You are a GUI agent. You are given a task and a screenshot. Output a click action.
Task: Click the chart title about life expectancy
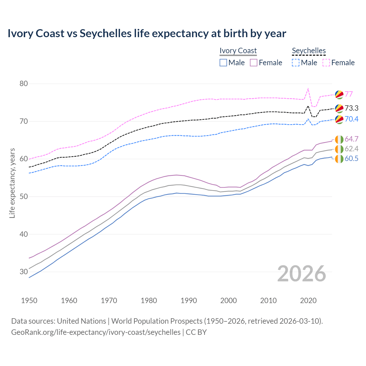click(x=147, y=33)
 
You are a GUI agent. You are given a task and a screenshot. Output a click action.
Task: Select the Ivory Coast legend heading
click(x=238, y=51)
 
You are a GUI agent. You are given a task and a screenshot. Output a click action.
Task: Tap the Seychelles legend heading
click(x=309, y=51)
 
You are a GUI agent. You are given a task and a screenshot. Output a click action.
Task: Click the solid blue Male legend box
click(x=223, y=63)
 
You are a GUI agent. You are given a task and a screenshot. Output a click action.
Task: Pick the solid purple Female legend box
click(x=254, y=63)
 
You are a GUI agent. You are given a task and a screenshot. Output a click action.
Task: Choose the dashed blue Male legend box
click(x=296, y=63)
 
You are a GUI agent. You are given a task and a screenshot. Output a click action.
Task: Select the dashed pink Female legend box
click(x=326, y=63)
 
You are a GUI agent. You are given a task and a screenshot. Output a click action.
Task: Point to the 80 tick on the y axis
click(x=24, y=84)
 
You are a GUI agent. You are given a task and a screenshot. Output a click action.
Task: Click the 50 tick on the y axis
click(x=24, y=197)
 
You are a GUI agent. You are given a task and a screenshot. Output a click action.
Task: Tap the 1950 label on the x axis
click(x=29, y=301)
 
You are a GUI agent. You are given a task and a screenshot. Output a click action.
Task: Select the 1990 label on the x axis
click(x=189, y=301)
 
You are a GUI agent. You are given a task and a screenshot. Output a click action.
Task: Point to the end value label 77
click(x=349, y=94)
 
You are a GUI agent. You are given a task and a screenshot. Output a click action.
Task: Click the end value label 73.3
click(x=351, y=108)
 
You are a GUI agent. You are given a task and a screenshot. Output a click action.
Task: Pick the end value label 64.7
click(x=351, y=139)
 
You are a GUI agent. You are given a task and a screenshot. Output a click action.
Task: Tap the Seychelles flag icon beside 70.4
click(x=339, y=119)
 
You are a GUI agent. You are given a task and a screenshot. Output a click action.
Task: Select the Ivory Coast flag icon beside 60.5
click(x=339, y=159)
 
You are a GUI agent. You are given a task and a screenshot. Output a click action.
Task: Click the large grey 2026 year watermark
click(x=302, y=274)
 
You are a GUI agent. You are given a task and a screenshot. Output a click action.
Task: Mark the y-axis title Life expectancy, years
click(x=12, y=183)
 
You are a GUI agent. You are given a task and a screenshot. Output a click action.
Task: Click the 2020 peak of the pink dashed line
click(x=308, y=89)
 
